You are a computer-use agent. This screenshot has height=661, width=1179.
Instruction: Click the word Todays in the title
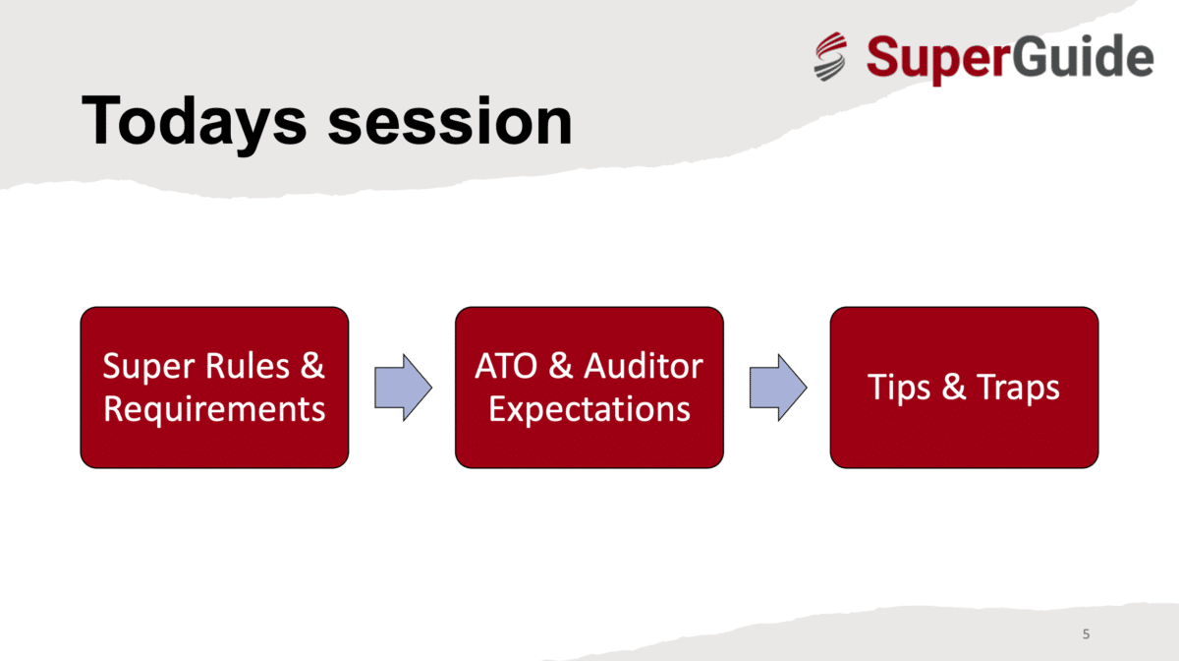point(194,123)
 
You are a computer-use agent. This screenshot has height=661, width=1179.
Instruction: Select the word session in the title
point(450,121)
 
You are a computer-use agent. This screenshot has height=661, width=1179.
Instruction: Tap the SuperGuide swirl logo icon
point(830,56)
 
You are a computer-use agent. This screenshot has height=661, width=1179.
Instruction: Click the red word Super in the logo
point(938,58)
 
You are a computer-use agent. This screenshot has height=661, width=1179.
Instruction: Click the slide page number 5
point(1086,634)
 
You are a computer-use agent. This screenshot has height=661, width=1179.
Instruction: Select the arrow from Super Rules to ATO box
point(403,388)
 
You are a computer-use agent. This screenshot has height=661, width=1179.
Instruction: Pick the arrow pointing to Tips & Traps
point(778,388)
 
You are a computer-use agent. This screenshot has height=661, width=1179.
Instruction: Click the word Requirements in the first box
point(214,410)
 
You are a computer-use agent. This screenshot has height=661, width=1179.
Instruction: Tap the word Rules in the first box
point(248,366)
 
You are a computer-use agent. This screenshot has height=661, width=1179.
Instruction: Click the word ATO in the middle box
point(506,366)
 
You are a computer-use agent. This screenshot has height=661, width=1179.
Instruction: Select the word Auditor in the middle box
point(644,366)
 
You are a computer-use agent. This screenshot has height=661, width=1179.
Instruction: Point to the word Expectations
point(589,410)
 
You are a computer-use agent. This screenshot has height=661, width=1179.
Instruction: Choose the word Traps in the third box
point(1018,389)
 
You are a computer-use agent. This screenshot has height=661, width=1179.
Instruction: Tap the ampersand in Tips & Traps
point(954,387)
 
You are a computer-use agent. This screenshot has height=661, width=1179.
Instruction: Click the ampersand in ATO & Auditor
point(561,366)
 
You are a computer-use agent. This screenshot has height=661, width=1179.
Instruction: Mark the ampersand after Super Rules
point(312,366)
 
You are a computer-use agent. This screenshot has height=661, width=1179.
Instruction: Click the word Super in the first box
point(149,367)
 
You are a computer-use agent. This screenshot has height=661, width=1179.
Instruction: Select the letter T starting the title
point(100,119)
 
